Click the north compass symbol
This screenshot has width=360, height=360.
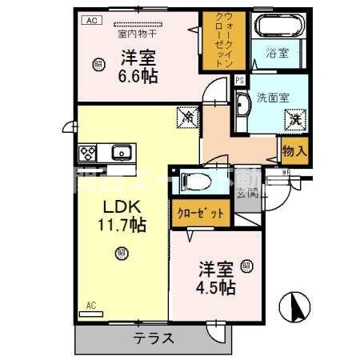coord(295,306)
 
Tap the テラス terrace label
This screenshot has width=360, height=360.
coord(154,338)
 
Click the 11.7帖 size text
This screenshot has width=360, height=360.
coord(121,226)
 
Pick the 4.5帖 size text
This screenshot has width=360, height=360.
coord(216,286)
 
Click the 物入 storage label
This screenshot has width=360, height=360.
coord(293,150)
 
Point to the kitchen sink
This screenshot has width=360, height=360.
coord(122,152)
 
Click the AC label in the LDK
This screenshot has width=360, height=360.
coord(90,305)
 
